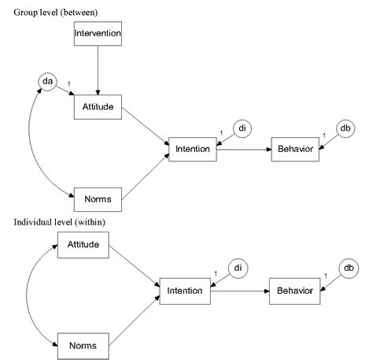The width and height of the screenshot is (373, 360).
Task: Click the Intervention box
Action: pyautogui.click(x=97, y=34)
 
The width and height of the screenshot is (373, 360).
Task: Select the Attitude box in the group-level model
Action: pyautogui.click(x=97, y=106)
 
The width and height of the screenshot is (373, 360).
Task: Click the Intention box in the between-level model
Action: pyautogui.click(x=192, y=149)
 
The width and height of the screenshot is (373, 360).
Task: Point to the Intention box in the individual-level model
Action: pyautogui.click(x=183, y=291)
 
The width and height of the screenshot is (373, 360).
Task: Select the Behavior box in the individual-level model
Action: pyautogui.click(x=294, y=291)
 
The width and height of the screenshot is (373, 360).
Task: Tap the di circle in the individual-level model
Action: pyautogui.click(x=238, y=269)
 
